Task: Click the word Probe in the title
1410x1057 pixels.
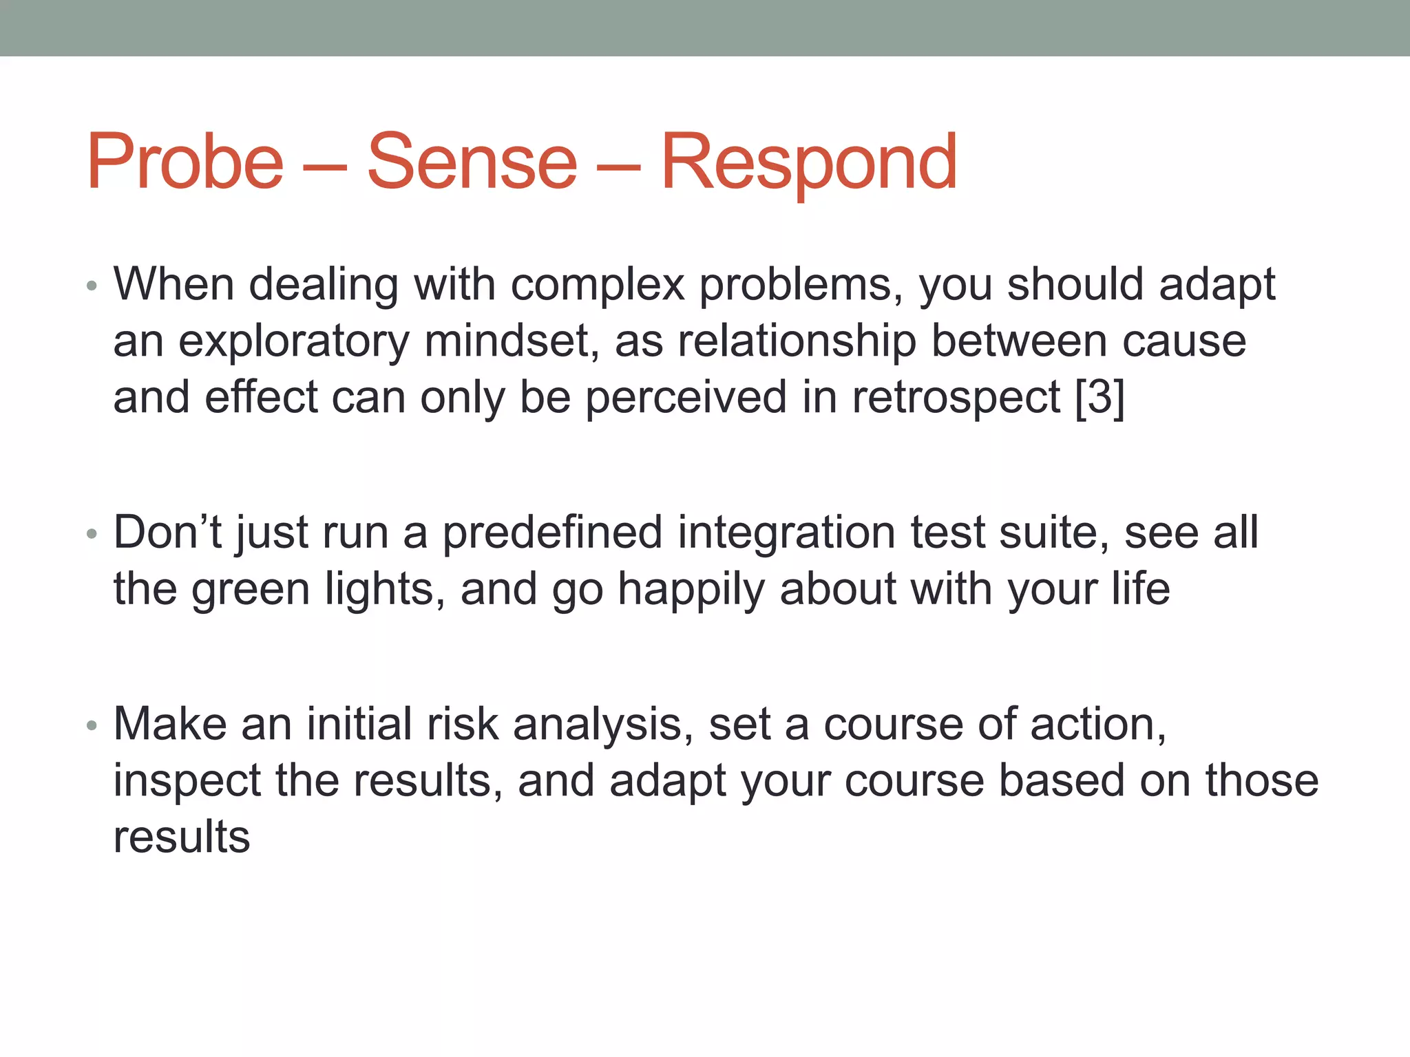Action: [185, 162]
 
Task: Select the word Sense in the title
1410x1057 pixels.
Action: [472, 162]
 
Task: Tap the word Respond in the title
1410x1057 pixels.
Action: [808, 162]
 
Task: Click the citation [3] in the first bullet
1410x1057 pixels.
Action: [1099, 397]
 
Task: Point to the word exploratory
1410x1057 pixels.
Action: [294, 342]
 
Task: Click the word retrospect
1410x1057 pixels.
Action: [956, 398]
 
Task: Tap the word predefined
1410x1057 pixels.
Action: [551, 533]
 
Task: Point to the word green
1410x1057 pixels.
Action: [251, 590]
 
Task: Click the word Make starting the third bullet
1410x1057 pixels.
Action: [170, 724]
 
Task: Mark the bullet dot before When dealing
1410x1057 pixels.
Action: [92, 286]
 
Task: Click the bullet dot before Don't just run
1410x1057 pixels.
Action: [92, 534]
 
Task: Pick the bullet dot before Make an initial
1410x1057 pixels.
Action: [92, 725]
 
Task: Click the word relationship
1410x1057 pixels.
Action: [797, 342]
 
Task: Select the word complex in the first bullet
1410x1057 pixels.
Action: [598, 286]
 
